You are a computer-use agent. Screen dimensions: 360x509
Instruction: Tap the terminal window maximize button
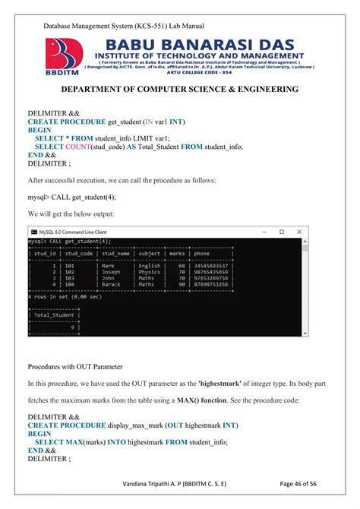(281, 232)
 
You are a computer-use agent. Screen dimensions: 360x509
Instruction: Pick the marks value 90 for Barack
(182, 285)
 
